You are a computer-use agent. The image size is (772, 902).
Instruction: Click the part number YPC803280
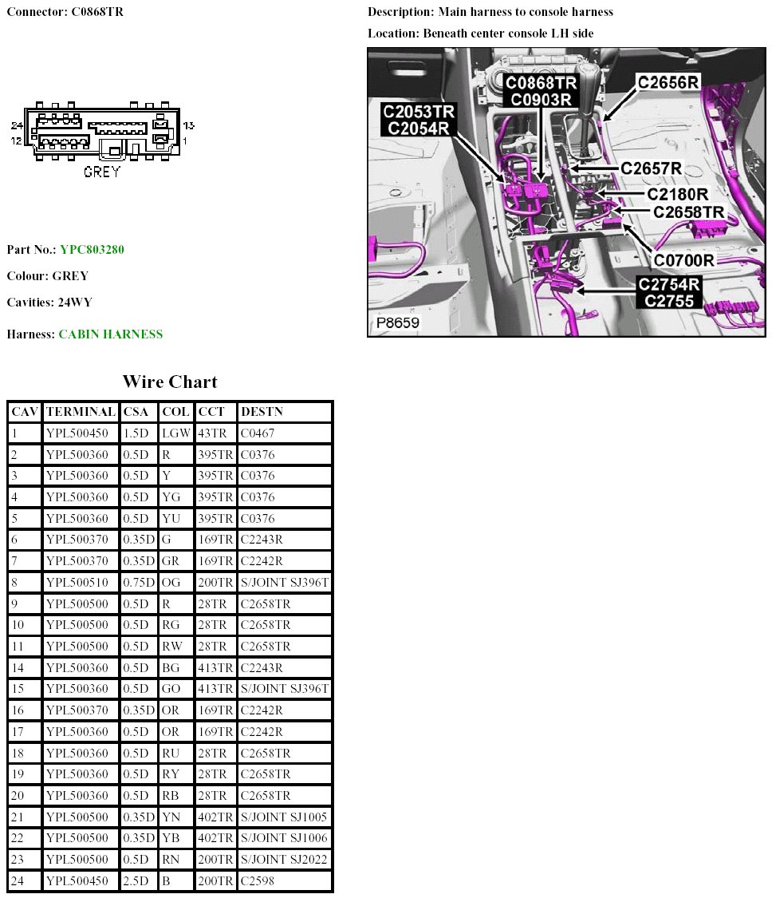(x=92, y=250)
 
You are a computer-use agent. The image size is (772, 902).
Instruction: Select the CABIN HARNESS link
(x=110, y=334)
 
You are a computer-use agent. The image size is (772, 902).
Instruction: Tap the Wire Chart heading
(x=170, y=382)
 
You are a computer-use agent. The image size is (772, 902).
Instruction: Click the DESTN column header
(x=262, y=412)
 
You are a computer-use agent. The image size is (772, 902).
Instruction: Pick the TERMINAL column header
(x=81, y=412)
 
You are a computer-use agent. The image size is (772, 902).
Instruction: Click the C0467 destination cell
(x=258, y=433)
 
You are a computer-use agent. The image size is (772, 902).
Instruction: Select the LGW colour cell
(x=175, y=433)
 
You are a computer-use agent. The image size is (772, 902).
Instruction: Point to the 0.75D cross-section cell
(x=139, y=583)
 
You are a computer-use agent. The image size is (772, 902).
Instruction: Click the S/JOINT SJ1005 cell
(x=284, y=817)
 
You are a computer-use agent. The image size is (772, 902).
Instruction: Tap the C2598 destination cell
(x=258, y=881)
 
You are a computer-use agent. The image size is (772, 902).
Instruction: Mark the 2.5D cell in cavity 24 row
(x=136, y=881)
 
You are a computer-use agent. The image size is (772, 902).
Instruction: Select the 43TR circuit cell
(x=214, y=433)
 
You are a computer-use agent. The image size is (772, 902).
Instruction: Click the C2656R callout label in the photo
(x=668, y=82)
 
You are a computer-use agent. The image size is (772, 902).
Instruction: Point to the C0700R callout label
(x=683, y=260)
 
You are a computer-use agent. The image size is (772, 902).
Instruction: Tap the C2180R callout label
(x=678, y=194)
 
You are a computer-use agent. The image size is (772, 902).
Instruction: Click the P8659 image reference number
(x=398, y=324)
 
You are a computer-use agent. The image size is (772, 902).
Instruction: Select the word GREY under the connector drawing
(x=102, y=171)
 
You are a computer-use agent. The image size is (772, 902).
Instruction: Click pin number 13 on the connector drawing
(x=189, y=126)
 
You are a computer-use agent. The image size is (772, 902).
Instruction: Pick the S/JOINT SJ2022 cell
(x=284, y=860)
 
